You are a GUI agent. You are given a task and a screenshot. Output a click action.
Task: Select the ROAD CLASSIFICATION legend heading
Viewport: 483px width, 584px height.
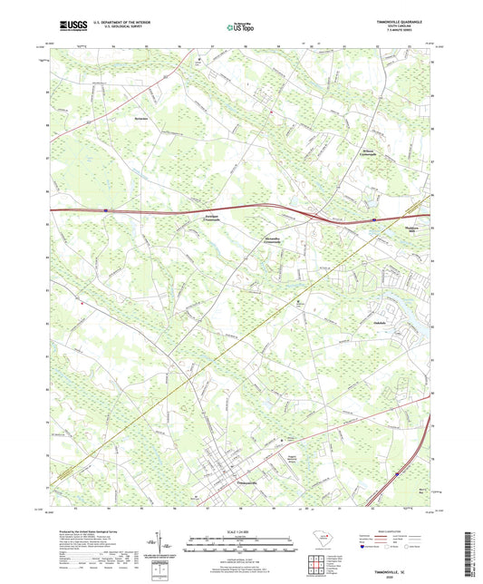click(399, 531)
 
